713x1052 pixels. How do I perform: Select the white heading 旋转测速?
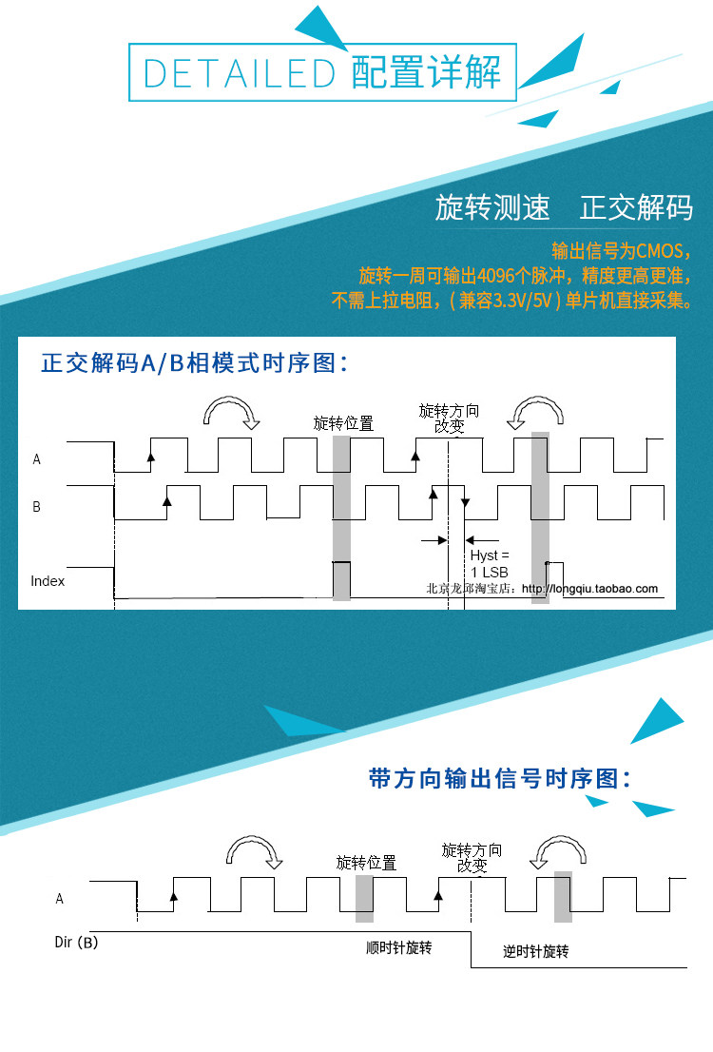click(492, 207)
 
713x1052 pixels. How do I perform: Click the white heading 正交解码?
click(636, 207)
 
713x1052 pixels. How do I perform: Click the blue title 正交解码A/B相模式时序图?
click(195, 363)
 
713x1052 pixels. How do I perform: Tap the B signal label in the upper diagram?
click(36, 507)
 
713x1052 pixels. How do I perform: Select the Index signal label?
click(48, 580)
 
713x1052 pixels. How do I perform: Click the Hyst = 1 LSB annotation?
click(490, 562)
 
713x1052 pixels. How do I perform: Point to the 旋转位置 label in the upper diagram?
click(343, 423)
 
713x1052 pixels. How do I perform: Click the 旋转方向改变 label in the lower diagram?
click(472, 858)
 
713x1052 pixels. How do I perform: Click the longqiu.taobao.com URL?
click(602, 589)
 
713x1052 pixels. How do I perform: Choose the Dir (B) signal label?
click(75, 943)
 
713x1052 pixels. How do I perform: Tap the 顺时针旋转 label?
click(399, 947)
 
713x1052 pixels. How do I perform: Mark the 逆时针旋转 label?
click(536, 952)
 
